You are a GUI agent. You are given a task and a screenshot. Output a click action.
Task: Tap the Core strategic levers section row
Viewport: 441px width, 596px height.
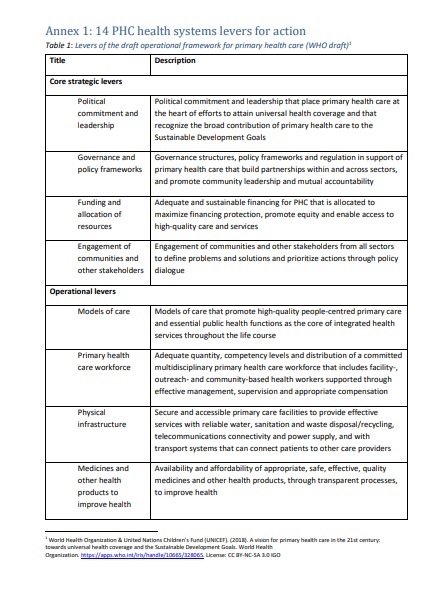click(87, 81)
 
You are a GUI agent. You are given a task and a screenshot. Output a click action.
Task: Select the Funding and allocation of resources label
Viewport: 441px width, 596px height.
click(100, 215)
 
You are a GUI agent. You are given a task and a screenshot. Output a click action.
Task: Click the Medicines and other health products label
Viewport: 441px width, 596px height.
click(104, 485)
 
